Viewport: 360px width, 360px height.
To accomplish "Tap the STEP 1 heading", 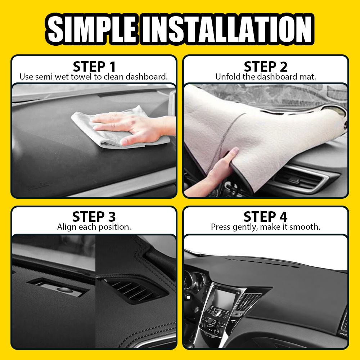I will point(94,67).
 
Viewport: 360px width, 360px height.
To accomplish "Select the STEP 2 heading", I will point(266,67).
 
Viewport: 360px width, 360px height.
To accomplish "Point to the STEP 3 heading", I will point(94,217).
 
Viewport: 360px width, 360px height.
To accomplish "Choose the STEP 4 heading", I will point(266,217).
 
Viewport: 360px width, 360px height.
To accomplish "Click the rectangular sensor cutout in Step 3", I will point(58,286).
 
